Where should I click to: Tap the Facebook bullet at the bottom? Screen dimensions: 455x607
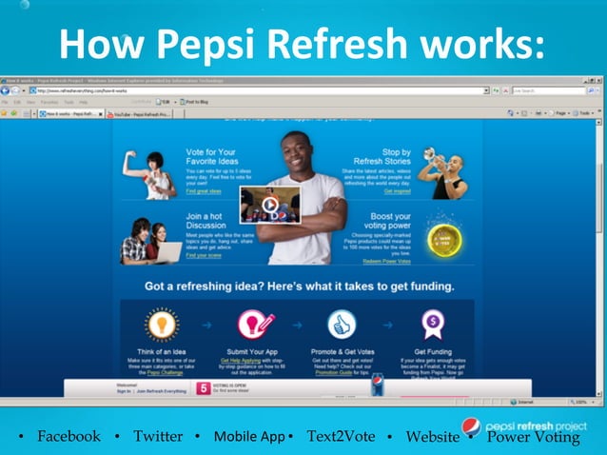68,436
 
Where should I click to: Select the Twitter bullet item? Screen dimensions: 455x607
158,436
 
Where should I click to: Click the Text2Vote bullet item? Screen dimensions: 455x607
341,436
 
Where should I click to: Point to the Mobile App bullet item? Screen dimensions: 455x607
249,436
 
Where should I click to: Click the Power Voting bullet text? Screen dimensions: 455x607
533,437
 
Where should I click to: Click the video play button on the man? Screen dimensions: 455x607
270,203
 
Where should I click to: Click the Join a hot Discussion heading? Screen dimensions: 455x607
204,222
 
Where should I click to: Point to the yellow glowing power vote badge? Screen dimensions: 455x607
443,239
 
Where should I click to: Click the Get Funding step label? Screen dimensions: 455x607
433,351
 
